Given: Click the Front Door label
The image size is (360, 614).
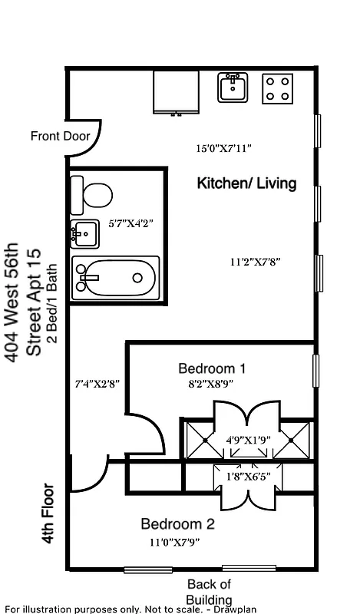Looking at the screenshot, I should pyautogui.click(x=60, y=137).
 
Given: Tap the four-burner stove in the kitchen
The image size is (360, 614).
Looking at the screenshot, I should pyautogui.click(x=278, y=88).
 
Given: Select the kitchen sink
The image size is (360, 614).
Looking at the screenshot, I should pyautogui.click(x=232, y=87).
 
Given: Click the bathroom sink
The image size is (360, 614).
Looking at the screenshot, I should pyautogui.click(x=84, y=233).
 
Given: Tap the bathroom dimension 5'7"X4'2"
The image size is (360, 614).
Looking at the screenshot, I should pyautogui.click(x=130, y=224).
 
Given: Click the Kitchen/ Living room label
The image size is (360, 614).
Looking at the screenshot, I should pyautogui.click(x=246, y=184).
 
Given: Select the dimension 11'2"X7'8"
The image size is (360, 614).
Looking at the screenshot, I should pyautogui.click(x=255, y=262).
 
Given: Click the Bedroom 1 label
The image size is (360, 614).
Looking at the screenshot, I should pyautogui.click(x=211, y=367).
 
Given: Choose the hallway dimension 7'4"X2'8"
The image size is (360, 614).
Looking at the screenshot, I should pyautogui.click(x=97, y=382).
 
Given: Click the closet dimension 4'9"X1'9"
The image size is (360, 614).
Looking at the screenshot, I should pyautogui.click(x=246, y=441).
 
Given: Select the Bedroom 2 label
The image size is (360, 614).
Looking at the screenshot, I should pyautogui.click(x=177, y=525).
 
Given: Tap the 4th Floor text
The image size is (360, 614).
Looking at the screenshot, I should pyautogui.click(x=48, y=513).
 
